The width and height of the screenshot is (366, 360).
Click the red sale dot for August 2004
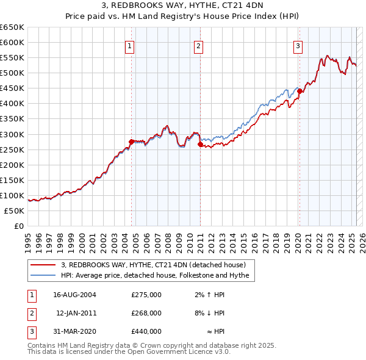[x=132, y=142]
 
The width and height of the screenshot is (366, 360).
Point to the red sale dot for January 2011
[x=200, y=144]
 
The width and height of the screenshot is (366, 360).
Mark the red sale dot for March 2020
[x=300, y=91]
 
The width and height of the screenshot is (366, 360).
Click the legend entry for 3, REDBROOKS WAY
[x=153, y=265]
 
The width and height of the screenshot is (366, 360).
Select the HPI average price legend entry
[x=156, y=276]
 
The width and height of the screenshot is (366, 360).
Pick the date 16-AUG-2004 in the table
[x=75, y=295]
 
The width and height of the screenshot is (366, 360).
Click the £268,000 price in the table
[x=146, y=313]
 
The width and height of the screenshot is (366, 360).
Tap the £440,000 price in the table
[x=146, y=331]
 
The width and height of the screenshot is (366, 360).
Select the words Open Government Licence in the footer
[x=172, y=352]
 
